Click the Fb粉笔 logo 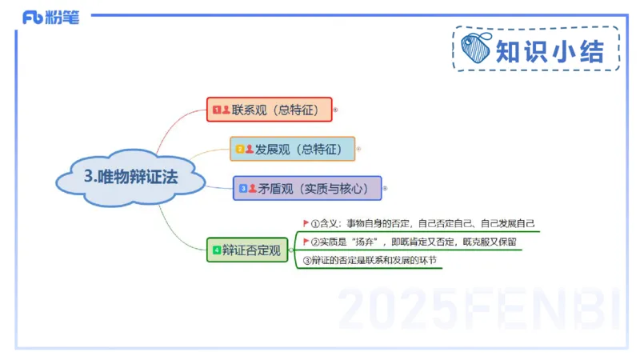[x=50, y=17]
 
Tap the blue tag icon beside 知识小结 [x=477, y=50]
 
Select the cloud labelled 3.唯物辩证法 [x=131, y=178]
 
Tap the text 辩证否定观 [x=252, y=250]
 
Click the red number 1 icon [x=216, y=109]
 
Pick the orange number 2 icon [x=239, y=149]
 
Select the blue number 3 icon [x=243, y=189]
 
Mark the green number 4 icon [x=216, y=250]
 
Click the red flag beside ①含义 [x=305, y=223]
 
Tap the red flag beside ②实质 [x=305, y=241]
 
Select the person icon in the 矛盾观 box [x=253, y=189]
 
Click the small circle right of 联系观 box [x=335, y=109]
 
